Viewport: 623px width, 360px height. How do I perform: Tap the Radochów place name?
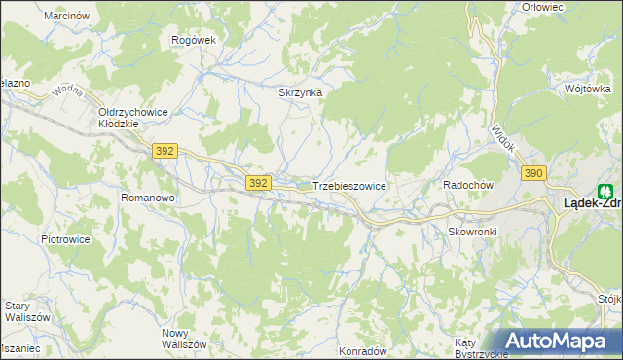tap(470, 185)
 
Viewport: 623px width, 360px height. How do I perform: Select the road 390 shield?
tap(532, 173)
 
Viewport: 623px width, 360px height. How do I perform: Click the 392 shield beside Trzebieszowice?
tap(257, 182)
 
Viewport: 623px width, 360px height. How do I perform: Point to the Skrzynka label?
tap(300, 93)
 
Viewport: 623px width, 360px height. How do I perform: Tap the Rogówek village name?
tap(193, 40)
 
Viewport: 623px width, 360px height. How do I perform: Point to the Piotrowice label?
tap(65, 238)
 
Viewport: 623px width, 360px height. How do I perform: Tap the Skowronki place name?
tap(473, 232)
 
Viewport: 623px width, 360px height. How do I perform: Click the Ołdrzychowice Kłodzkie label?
tap(133, 119)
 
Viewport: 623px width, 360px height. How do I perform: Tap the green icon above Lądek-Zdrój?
tap(605, 192)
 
